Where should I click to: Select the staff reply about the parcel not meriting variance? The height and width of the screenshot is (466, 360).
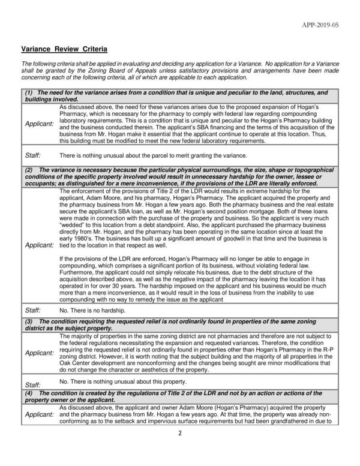pyautogui.click(x=145, y=155)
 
